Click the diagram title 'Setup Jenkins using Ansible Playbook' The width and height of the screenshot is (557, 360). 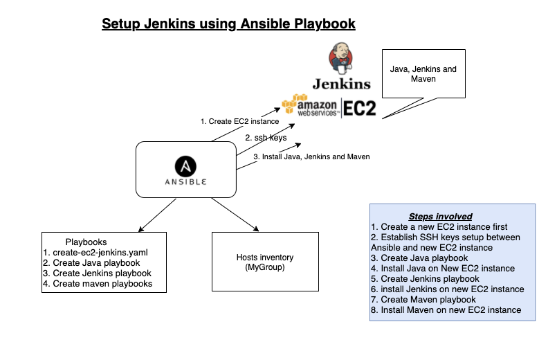pos(228,24)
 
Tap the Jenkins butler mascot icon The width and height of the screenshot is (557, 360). pos(341,58)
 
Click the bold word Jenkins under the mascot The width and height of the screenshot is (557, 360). pos(341,84)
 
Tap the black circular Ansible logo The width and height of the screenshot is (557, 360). pos(185,167)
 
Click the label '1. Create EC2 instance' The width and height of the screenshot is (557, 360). pos(239,121)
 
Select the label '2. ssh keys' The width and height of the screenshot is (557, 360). pos(266,138)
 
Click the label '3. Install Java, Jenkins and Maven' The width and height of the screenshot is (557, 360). pos(311,156)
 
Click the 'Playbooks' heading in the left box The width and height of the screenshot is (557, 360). pos(86,242)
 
